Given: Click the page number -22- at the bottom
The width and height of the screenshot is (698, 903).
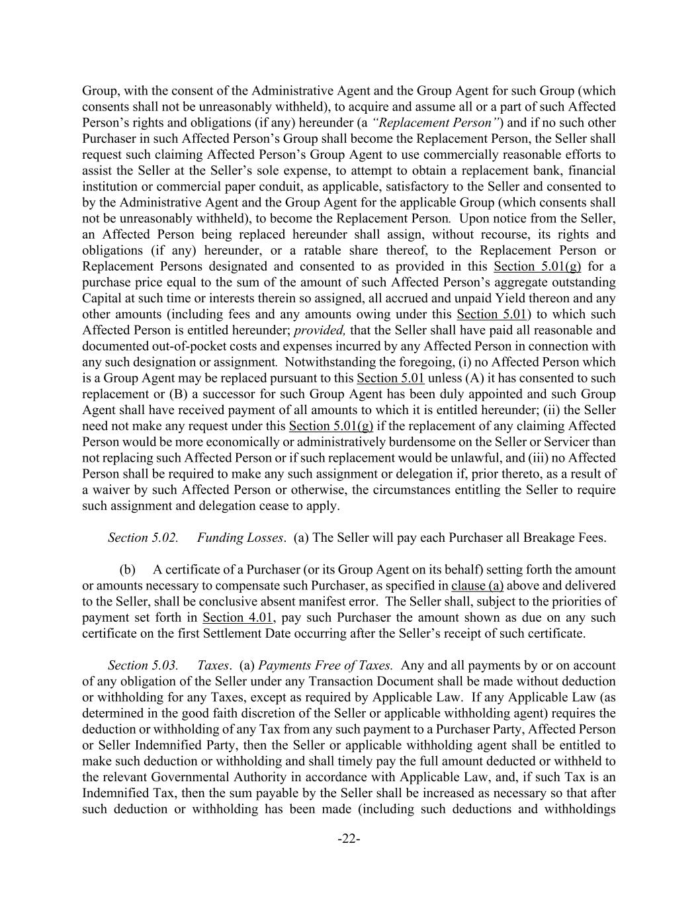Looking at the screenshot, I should pos(349,839).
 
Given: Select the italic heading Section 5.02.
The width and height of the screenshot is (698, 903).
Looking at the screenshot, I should pos(143,537).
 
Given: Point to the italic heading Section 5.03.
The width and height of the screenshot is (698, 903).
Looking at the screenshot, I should pos(143,665).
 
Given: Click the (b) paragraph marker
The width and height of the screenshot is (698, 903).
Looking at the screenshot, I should pos(127,570).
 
